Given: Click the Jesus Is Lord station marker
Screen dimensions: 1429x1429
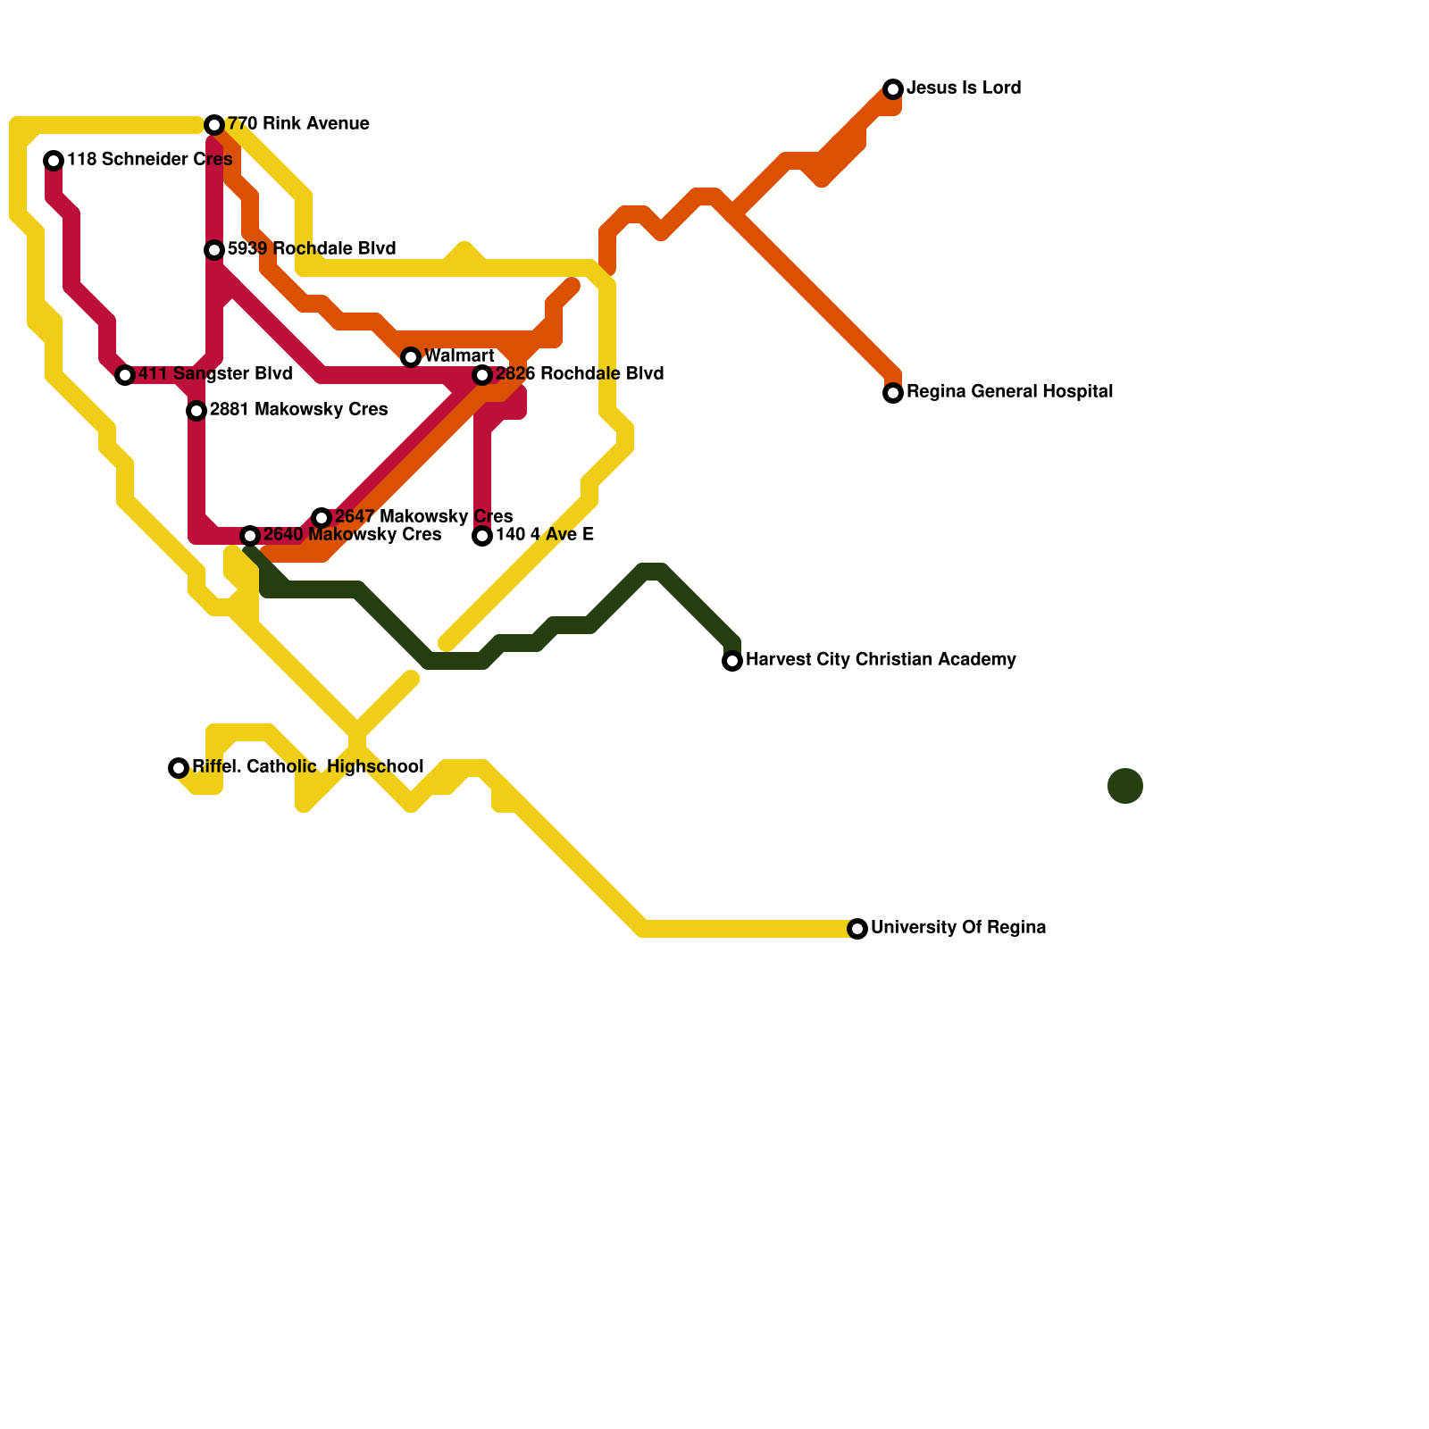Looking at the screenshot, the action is pyautogui.click(x=893, y=89).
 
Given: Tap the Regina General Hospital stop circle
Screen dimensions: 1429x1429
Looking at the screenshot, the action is pyautogui.click(x=893, y=393).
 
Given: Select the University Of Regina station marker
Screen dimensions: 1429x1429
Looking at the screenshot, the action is pyautogui.click(x=857, y=929).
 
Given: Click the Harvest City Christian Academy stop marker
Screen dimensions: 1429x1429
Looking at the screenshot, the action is pyautogui.click(x=732, y=661).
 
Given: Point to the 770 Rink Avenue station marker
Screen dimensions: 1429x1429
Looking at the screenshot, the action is pyautogui.click(x=214, y=125).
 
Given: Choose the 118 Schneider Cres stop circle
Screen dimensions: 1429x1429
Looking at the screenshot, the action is pyautogui.click(x=54, y=161).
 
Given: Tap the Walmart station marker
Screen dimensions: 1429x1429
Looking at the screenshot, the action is pyautogui.click(x=411, y=357).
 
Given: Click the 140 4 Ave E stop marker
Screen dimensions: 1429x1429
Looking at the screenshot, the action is pyautogui.click(x=482, y=536).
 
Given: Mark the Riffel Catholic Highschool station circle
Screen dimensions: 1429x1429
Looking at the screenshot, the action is pyautogui.click(x=179, y=768).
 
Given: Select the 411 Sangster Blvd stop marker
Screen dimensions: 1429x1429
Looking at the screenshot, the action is pyautogui.click(x=125, y=375).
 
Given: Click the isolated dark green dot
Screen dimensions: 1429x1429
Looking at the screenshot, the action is pyautogui.click(x=1125, y=786).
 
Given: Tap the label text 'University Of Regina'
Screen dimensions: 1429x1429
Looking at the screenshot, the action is pyautogui.click(x=958, y=928).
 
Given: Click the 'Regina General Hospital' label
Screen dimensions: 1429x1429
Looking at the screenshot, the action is pyautogui.click(x=1009, y=392).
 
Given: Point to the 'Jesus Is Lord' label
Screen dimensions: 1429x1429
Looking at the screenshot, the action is pyautogui.click(x=964, y=88).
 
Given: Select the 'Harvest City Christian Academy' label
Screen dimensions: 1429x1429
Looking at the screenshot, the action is pyautogui.click(x=881, y=660).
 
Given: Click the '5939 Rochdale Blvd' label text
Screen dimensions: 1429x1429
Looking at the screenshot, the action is pyautogui.click(x=311, y=249).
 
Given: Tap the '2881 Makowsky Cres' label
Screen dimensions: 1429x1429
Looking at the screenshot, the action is pyautogui.click(x=298, y=410).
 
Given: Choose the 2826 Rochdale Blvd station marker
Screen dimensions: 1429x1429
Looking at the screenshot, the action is pyautogui.click(x=482, y=375).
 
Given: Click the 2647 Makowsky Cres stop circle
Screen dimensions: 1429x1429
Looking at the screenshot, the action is pyautogui.click(x=322, y=518).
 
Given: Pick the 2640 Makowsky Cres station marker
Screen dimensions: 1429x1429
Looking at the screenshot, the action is pyautogui.click(x=250, y=536).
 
